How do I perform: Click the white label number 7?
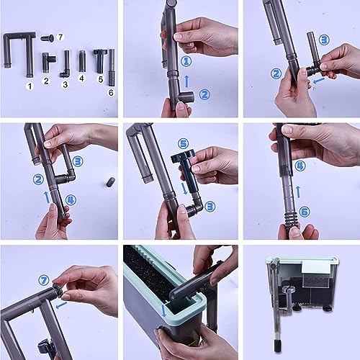[x=60, y=37]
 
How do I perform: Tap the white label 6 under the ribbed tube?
[x=111, y=93]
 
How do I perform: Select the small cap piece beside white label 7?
[x=48, y=38]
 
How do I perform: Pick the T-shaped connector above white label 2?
[x=49, y=63]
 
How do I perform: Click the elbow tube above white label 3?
[x=66, y=64]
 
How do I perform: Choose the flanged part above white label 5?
[x=99, y=61]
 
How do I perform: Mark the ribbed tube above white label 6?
[x=112, y=68]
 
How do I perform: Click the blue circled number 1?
[x=186, y=61]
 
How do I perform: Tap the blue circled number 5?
[x=183, y=144]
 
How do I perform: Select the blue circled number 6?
[x=305, y=212]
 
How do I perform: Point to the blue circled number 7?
[x=44, y=280]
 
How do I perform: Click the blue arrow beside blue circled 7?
[x=61, y=305]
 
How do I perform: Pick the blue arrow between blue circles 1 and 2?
[x=186, y=81]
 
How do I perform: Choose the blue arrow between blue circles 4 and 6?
[x=298, y=192]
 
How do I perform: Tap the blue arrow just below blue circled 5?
[x=184, y=189]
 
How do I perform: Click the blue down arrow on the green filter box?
[x=164, y=310]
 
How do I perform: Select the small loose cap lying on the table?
[x=111, y=181]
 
